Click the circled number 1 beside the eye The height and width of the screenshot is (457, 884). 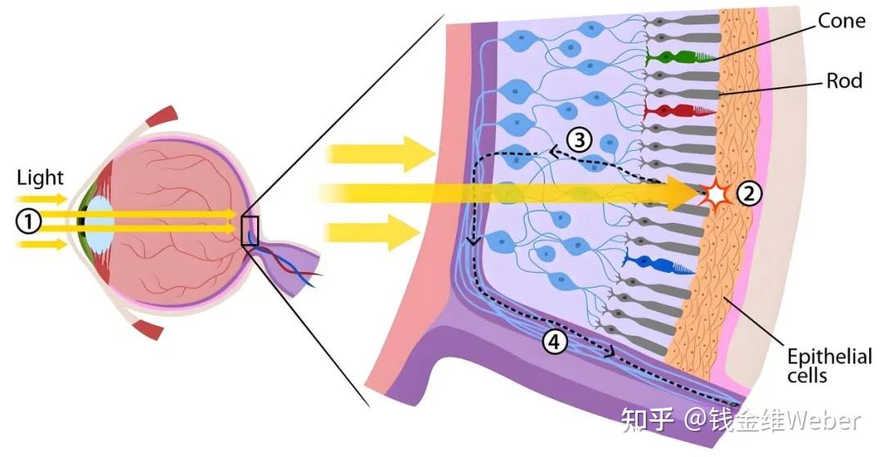29,220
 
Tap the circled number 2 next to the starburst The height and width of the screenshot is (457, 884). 750,194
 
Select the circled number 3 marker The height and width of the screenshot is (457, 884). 580,140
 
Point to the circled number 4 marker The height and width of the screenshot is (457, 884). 556,343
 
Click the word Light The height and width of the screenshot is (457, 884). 39,177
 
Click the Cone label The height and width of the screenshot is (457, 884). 841,20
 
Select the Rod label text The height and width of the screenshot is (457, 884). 844,80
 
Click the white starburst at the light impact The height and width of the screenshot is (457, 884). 718,195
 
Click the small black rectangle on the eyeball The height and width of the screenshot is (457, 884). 250,231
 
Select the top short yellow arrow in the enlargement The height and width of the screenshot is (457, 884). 380,153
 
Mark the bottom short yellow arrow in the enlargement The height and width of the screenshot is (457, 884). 380,232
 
